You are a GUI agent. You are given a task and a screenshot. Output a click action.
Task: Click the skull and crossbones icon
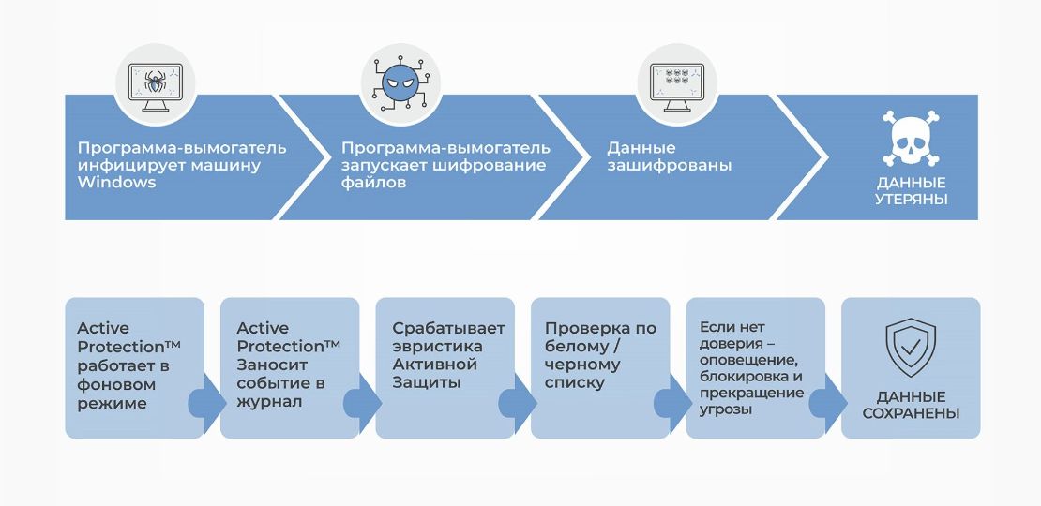coord(911,141)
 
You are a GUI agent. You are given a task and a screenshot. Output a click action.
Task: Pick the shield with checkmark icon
coord(911,349)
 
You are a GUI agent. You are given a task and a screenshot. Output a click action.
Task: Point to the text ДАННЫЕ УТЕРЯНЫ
coord(911,191)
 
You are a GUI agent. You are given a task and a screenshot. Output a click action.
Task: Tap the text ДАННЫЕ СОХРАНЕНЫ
coord(911,405)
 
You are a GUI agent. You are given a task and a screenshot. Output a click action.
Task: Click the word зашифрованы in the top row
coord(670,166)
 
